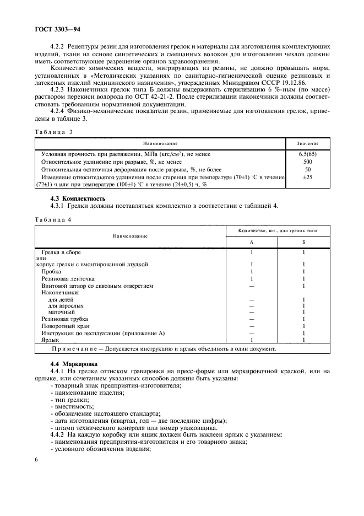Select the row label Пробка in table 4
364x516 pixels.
click(x=52, y=272)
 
